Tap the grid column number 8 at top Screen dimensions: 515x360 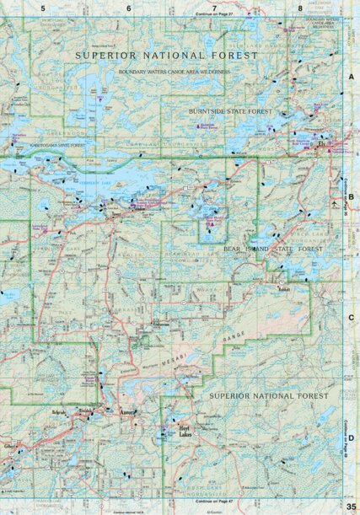pos(300,7)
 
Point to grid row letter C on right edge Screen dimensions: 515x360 pos(351,318)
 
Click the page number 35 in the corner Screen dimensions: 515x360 pos(351,506)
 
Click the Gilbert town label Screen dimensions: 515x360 pos(10,444)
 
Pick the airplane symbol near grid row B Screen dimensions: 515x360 pos(336,202)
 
